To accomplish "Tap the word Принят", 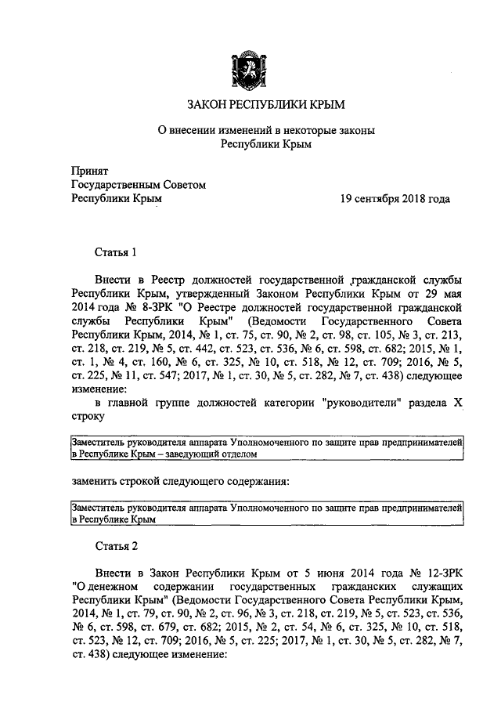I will point(89,171).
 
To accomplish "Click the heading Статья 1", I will point(116,252).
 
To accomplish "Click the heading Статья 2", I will point(116,545).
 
